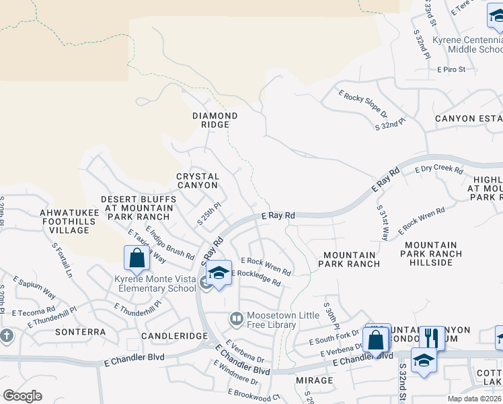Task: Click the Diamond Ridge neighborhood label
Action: pyautogui.click(x=215, y=120)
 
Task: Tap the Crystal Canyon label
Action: pyautogui.click(x=197, y=180)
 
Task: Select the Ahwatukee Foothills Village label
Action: pyautogui.click(x=65, y=221)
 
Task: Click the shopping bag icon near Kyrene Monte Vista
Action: pyautogui.click(x=137, y=259)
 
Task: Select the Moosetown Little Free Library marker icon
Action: pyautogui.click(x=235, y=317)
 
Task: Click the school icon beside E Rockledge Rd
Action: pyautogui.click(x=219, y=273)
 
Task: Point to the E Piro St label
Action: pyautogui.click(x=455, y=69)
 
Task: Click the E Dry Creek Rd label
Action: pyautogui.click(x=438, y=170)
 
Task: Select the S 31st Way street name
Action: pyautogui.click(x=382, y=223)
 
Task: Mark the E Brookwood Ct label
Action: pyautogui.click(x=255, y=393)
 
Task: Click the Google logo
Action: pyautogui.click(x=22, y=396)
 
